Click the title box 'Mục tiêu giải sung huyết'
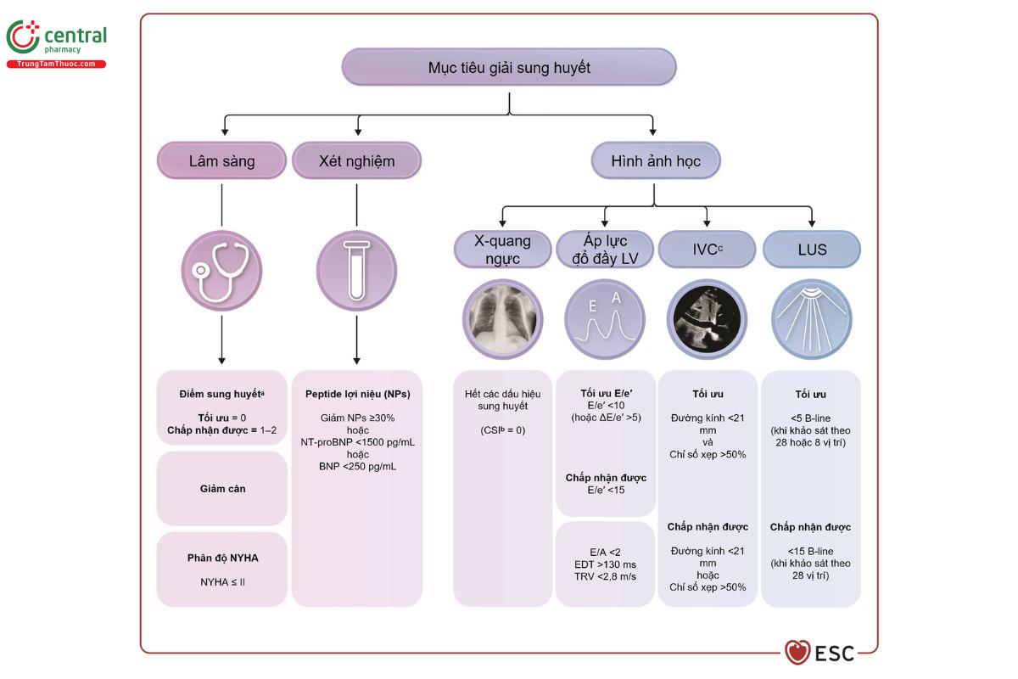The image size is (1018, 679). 509,67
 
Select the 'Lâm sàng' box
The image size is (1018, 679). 221,160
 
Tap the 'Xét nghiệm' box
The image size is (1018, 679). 357,160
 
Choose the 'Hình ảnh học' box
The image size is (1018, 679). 656,160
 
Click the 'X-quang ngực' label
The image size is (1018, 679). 502,250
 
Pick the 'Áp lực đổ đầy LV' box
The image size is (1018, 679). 605,250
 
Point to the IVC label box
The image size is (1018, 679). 708,250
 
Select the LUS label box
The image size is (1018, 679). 812,250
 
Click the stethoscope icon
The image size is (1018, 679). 221,271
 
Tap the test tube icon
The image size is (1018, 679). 357,271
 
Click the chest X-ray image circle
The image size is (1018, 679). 502,319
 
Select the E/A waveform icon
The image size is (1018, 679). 605,319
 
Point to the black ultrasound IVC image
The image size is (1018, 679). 708,319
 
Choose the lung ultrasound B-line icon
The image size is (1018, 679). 812,319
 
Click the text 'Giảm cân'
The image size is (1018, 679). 222,489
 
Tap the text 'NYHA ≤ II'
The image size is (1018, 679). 222,582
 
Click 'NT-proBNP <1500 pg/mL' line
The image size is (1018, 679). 358,442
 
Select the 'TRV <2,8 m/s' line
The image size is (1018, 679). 605,576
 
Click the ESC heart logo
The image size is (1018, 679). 797,653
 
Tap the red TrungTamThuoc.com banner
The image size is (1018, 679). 56,65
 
